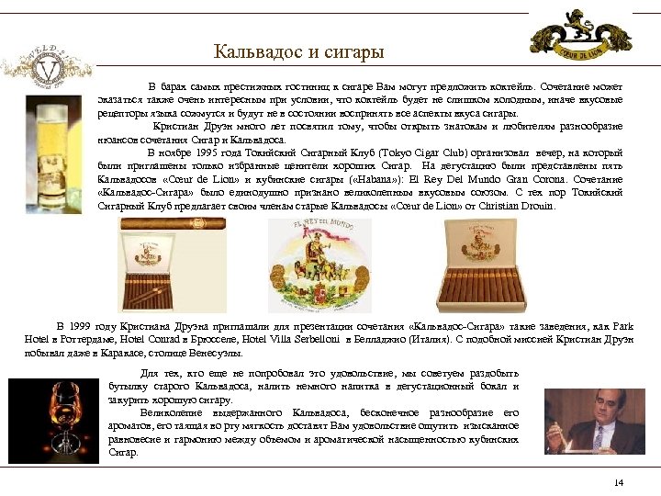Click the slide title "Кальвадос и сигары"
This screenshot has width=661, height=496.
[x=298, y=52]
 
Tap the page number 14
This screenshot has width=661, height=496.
[x=618, y=483]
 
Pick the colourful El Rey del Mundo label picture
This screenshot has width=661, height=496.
[x=319, y=265]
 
